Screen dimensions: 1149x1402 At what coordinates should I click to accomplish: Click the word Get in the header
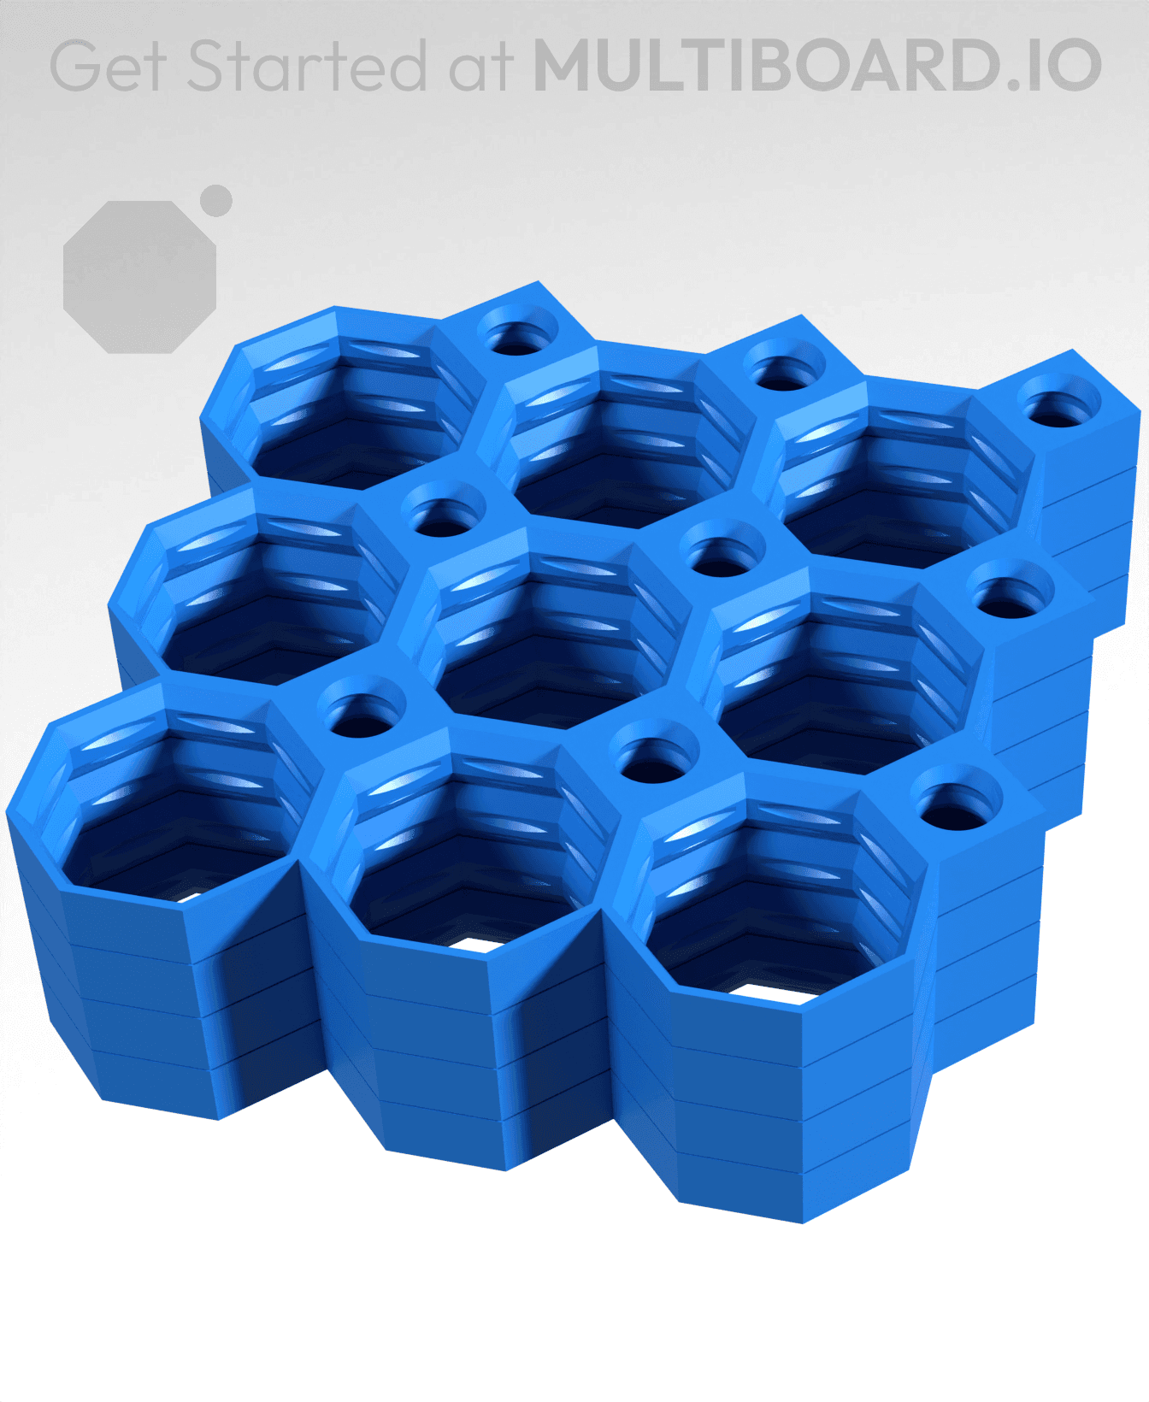click(x=107, y=66)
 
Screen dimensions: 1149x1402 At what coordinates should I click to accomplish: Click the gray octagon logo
click(x=140, y=277)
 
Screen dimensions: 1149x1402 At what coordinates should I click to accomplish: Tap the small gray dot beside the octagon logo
click(x=215, y=201)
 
